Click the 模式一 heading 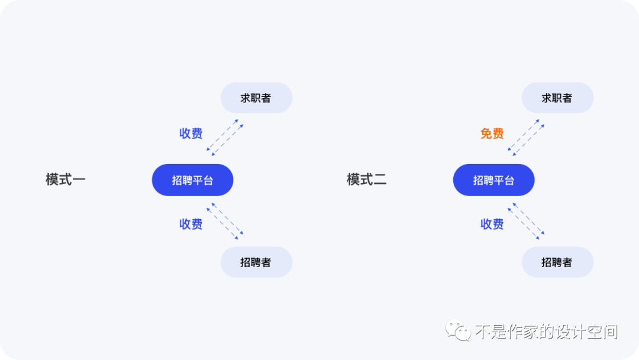(x=66, y=179)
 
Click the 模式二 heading (x=367, y=179)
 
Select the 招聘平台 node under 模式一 (x=192, y=180)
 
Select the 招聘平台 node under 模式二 (x=493, y=180)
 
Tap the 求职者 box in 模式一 (x=256, y=98)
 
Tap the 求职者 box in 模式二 (x=557, y=98)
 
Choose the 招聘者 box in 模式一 (x=256, y=262)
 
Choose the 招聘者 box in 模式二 (x=557, y=262)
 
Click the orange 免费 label (x=492, y=134)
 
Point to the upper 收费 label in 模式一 (x=191, y=134)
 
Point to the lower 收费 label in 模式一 (x=191, y=224)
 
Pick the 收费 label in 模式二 (x=492, y=224)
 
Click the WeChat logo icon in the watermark (x=458, y=330)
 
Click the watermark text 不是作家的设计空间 (x=546, y=332)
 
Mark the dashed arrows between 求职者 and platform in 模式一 (x=225, y=137)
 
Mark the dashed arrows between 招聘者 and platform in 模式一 (x=225, y=221)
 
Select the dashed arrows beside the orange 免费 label (x=526, y=137)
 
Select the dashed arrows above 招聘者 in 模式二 (x=526, y=221)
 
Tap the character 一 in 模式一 (x=79, y=179)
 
